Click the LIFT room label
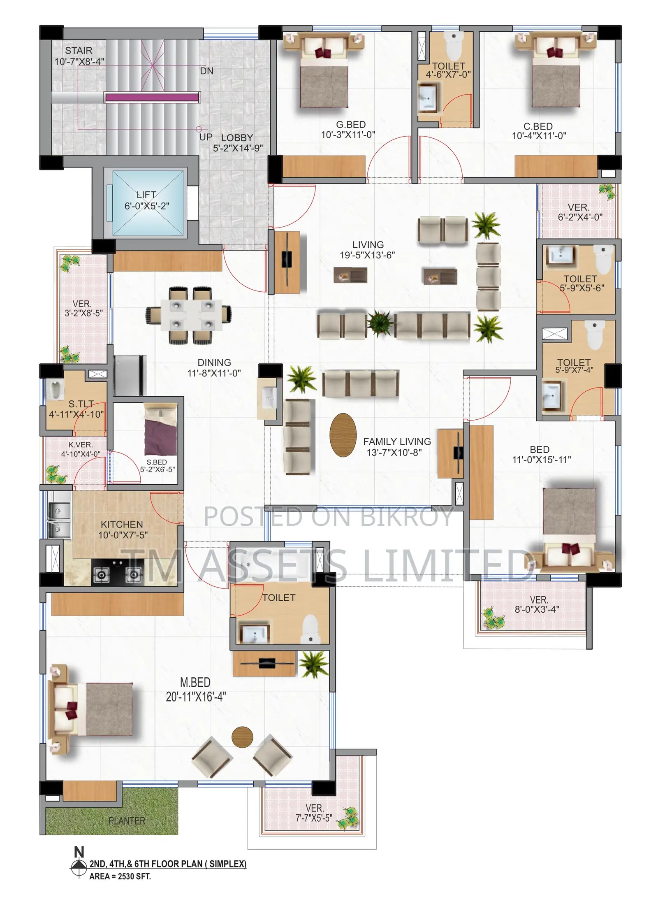click(146, 195)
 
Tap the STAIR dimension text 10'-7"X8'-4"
click(79, 62)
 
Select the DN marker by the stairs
click(206, 71)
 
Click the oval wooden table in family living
click(343, 435)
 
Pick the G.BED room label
click(350, 125)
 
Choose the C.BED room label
click(538, 126)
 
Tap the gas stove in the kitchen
click(118, 572)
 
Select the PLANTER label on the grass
click(127, 821)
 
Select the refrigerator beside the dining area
click(130, 376)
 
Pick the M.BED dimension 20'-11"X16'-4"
click(196, 697)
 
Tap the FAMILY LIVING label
click(397, 442)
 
